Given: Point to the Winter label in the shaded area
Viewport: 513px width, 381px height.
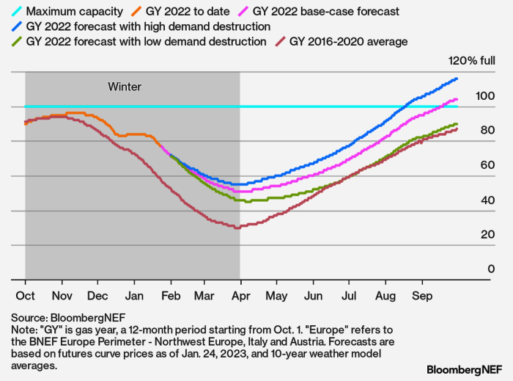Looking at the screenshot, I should (x=125, y=87).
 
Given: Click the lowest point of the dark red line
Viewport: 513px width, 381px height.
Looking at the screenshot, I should (x=237, y=228).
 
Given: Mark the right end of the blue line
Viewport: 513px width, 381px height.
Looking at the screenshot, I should (x=457, y=79).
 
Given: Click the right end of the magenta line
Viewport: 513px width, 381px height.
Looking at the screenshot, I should (x=457, y=99).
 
